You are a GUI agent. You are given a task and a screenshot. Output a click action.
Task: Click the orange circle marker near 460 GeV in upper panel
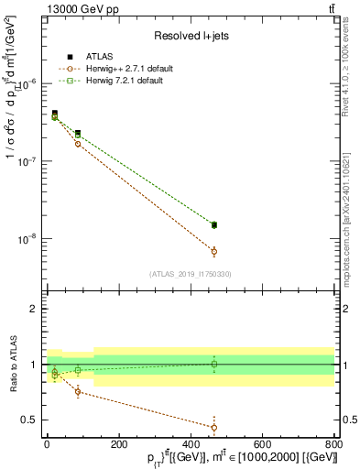coord(214,251)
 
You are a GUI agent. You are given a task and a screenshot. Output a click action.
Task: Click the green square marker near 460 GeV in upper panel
coord(214,224)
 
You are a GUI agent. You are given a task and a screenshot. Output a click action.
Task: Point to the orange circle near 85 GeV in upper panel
coord(78,144)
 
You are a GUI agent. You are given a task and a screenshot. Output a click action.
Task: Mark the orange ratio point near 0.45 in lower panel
coord(214,427)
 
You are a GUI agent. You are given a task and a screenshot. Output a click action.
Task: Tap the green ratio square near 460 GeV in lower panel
coord(214,364)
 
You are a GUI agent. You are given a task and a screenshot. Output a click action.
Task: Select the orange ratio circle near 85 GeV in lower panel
coord(78,391)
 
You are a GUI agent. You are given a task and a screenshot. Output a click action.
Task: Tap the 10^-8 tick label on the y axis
coord(29,240)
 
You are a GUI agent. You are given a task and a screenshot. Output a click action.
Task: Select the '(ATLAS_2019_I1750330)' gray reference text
coord(189,273)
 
